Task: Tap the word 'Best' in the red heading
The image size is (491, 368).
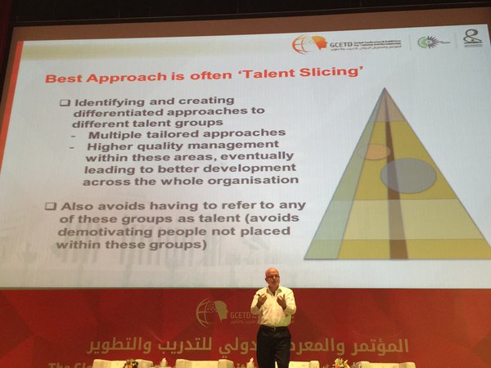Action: click(61, 79)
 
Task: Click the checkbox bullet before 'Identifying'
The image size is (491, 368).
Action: click(65, 103)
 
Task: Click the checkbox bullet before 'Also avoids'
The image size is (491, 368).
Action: click(50, 205)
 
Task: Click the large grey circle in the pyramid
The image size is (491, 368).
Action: click(408, 175)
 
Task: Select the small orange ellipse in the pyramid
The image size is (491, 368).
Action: click(376, 151)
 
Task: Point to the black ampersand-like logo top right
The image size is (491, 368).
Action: click(472, 38)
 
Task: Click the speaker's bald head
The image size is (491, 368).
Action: click(272, 276)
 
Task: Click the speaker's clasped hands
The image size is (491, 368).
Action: click(272, 301)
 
